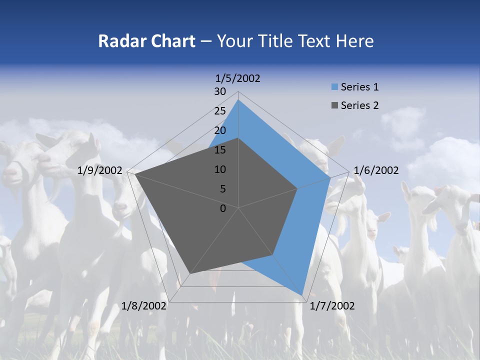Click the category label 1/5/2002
pos(238,78)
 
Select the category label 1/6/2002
pos(376,170)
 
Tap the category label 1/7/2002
pos(332,305)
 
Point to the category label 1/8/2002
pos(144,305)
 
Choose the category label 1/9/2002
pos(100,170)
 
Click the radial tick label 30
pos(220,91)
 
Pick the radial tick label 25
pos(220,111)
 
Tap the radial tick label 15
pos(220,150)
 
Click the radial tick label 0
pos(223,208)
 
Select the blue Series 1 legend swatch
pos(334,87)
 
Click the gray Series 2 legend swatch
pos(334,105)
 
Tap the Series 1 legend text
pos(360,87)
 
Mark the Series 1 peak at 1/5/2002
pos(238,99)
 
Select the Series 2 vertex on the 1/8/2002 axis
pos(190,274)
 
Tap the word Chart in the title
pos(172,41)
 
